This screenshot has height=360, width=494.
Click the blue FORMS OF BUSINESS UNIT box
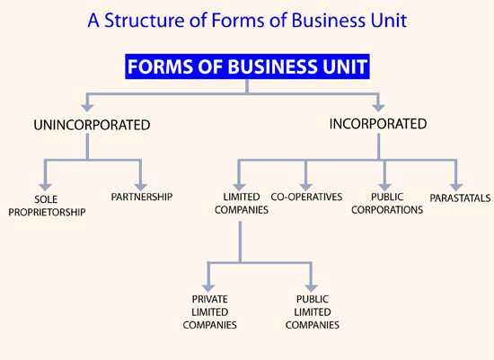tap(247, 66)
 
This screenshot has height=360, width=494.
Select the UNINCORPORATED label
tap(92, 125)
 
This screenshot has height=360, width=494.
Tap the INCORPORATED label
tap(378, 124)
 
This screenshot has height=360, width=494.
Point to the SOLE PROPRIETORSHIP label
tap(47, 206)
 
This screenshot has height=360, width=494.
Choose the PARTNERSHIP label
tap(142, 197)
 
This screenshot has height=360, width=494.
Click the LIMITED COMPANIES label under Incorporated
tap(242, 204)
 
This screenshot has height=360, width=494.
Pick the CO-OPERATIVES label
tap(306, 197)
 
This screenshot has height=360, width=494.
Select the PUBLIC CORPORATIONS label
tap(387, 204)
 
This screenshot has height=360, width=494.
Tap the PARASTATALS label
tap(460, 198)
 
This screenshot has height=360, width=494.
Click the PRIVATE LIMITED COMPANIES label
tap(210, 312)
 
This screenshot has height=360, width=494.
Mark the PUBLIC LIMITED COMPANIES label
tap(313, 312)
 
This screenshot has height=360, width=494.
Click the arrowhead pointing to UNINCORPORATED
tap(87, 108)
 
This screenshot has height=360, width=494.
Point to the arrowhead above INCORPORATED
tap(378, 108)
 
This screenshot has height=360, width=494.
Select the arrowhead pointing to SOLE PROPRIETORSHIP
tap(46, 187)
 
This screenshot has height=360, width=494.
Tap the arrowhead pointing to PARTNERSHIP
tap(140, 187)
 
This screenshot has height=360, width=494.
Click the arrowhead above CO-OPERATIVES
tap(305, 187)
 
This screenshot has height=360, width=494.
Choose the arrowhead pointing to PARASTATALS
tap(456, 187)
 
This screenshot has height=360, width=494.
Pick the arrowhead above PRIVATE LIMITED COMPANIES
tap(208, 288)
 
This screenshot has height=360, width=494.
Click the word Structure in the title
tap(145, 21)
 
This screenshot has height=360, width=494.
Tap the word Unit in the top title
tap(389, 21)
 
